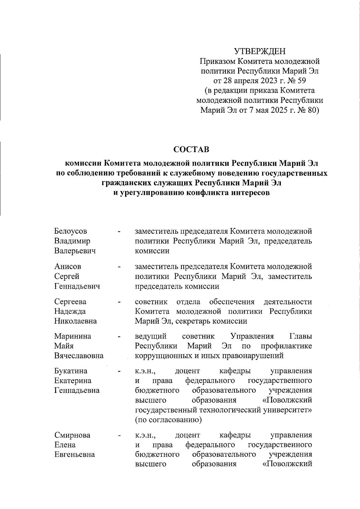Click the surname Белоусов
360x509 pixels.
(70, 231)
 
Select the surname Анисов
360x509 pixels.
(67, 266)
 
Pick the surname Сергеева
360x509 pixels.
(70, 301)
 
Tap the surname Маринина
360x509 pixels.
(73, 336)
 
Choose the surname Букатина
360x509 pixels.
(71, 371)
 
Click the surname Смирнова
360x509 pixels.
(72, 435)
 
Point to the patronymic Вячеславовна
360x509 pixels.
(79, 356)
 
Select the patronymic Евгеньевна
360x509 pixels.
(74, 454)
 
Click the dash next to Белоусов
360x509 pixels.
(119, 232)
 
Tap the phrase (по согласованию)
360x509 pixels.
(168, 420)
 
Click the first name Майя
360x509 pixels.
(64, 346)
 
